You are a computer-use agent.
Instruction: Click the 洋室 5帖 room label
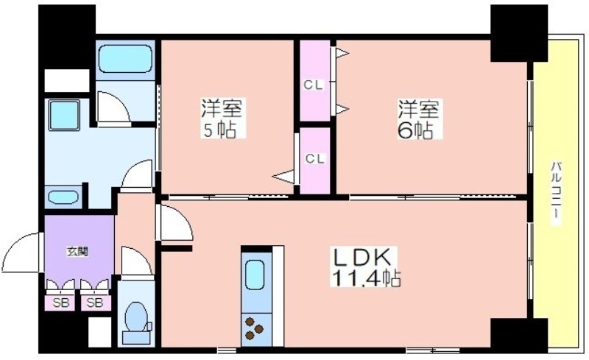[x=222, y=119]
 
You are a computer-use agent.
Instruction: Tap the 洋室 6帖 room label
[x=420, y=119]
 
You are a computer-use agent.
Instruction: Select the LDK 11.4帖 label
[x=365, y=267]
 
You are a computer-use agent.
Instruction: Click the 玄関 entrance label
[x=78, y=251]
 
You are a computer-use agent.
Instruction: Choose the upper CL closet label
[x=314, y=85]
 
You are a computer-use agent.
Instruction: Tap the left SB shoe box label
[x=61, y=303]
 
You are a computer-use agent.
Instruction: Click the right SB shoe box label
[x=95, y=303]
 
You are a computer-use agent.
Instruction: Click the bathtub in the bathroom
[x=125, y=60]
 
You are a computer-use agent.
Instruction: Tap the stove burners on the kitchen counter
[x=254, y=328]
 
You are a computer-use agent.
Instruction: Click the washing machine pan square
[x=64, y=115]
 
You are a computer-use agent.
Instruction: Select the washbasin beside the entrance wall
[x=63, y=197]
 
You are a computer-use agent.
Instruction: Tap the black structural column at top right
[x=519, y=32]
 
